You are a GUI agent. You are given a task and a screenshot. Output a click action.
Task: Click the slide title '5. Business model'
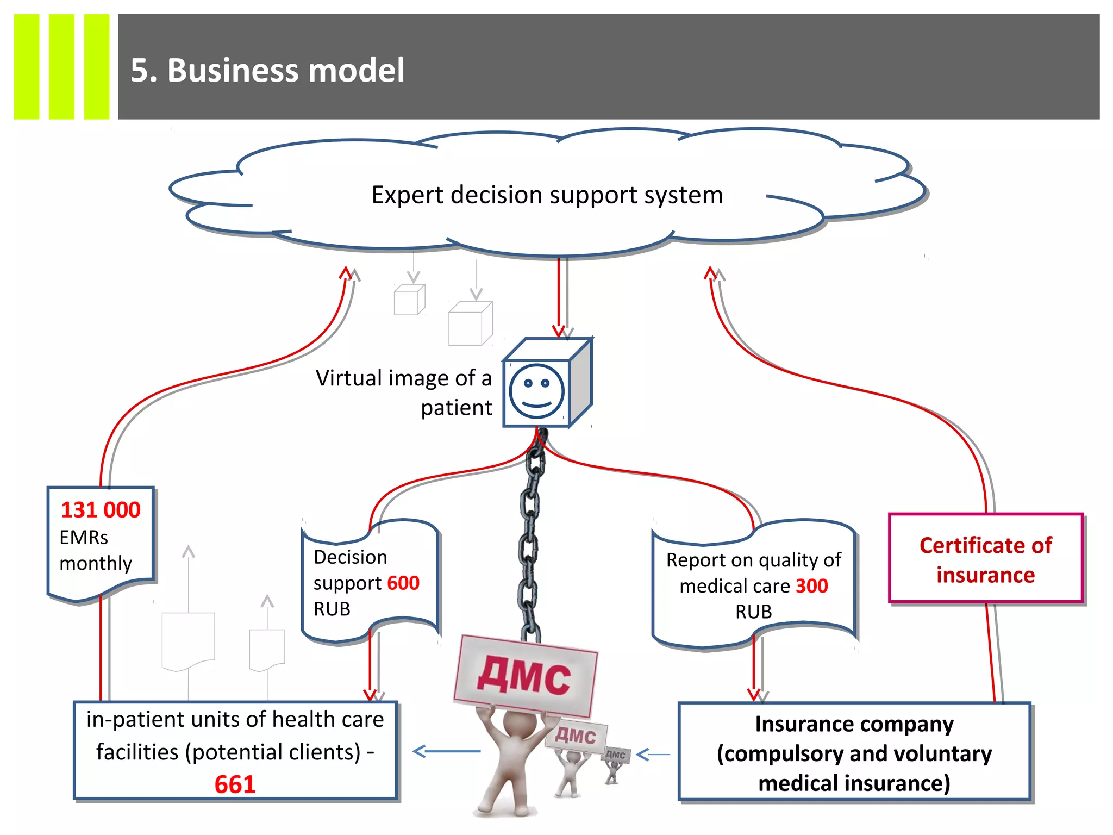point(267,71)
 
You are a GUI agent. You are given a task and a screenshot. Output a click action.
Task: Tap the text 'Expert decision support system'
point(547,195)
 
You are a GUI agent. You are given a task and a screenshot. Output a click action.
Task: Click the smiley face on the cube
point(536,391)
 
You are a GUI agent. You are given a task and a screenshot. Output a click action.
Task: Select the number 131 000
point(101,510)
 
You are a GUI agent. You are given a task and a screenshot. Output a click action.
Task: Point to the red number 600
point(403,583)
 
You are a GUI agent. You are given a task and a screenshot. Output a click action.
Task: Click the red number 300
point(811,586)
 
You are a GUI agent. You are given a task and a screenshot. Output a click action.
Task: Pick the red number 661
point(235,784)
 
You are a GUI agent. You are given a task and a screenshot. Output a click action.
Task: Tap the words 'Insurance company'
point(854,725)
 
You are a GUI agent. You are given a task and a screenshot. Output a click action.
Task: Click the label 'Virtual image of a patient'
point(404,392)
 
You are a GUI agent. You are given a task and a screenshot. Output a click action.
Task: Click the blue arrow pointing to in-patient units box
point(447,752)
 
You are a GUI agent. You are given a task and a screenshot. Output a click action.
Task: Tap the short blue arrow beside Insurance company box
point(653,755)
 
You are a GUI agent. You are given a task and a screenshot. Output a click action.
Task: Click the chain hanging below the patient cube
point(530,538)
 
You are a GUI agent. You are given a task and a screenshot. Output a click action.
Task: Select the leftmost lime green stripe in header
point(27,66)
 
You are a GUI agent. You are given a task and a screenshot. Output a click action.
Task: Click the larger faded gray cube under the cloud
point(470,325)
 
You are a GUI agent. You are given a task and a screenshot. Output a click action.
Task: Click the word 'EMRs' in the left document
point(84,538)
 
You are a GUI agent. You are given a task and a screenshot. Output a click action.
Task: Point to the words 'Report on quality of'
point(753,560)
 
